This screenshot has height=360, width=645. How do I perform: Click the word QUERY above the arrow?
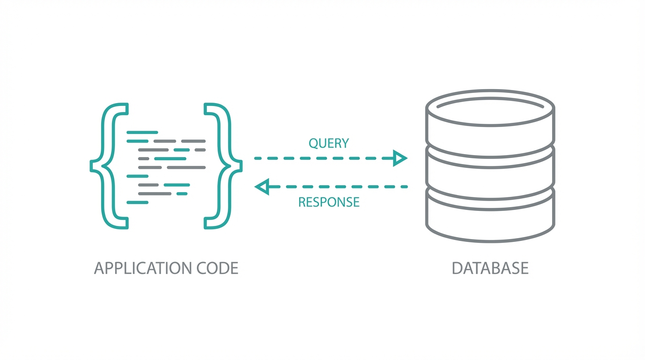329,143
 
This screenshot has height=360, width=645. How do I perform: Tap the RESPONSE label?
329,202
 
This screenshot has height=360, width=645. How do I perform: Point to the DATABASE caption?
490,268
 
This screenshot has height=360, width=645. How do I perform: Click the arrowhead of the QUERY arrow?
400,158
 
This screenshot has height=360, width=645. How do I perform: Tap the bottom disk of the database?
490,220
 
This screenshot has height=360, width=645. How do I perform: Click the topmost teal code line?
142,133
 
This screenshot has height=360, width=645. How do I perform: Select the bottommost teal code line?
137,202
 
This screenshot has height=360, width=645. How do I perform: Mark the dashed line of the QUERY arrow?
323,158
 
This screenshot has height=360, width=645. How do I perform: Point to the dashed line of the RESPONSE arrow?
337,187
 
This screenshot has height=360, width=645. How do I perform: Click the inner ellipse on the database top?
490,100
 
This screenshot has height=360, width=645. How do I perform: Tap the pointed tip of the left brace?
92,166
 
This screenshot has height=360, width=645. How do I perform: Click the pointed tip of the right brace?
240,166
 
